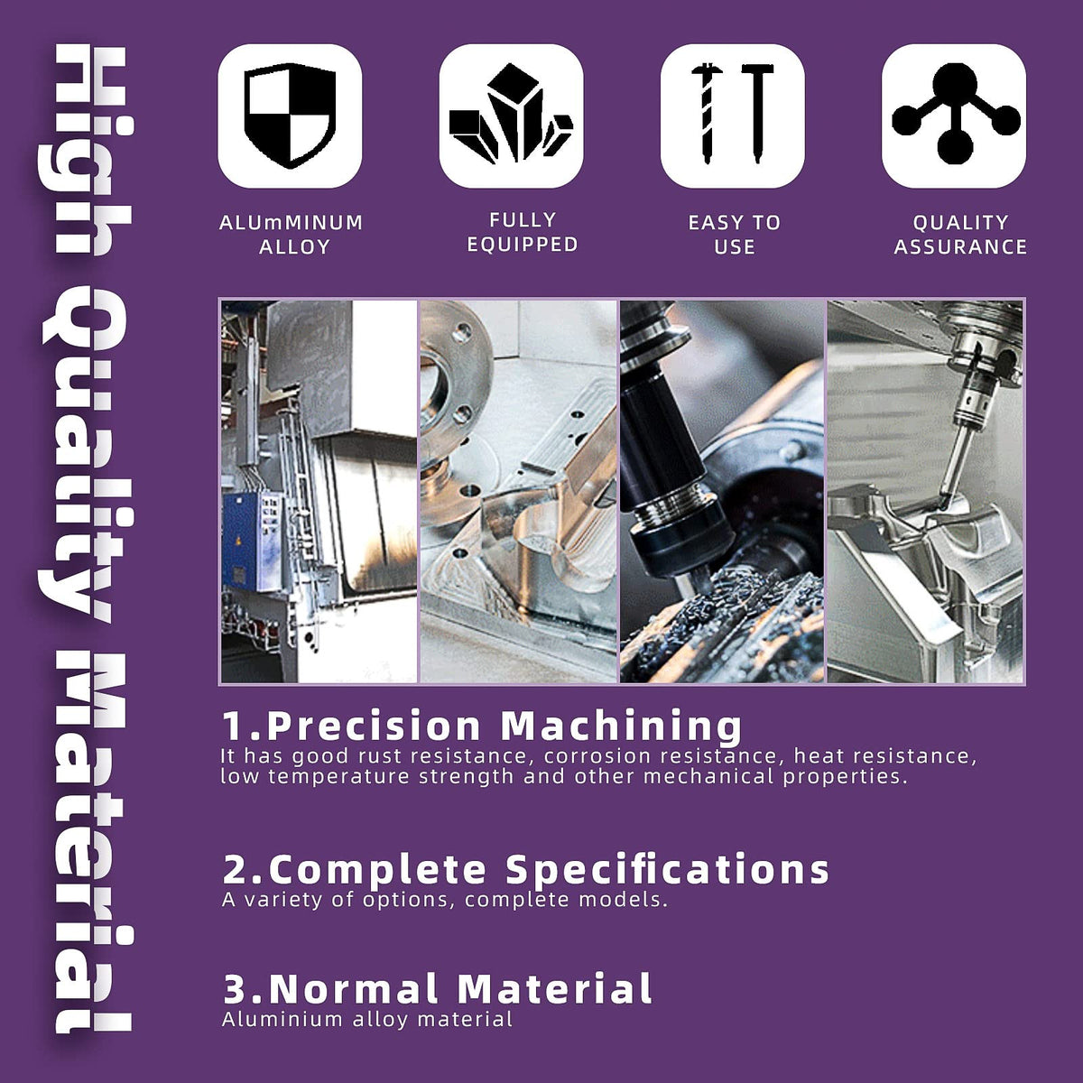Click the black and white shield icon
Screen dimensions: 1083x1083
[x=290, y=116]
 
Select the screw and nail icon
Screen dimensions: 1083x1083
[x=732, y=114]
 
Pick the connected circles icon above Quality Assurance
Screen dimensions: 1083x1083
[x=955, y=114]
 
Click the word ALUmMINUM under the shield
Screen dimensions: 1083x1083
[x=292, y=223]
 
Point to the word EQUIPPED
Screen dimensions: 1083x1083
[x=523, y=245]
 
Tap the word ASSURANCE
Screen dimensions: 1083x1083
[x=960, y=246]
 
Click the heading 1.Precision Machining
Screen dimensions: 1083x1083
[x=482, y=726]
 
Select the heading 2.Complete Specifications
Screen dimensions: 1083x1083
[x=525, y=869]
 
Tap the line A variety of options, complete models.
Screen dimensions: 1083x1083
[x=445, y=900]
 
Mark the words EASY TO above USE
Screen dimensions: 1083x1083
[x=735, y=223]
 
